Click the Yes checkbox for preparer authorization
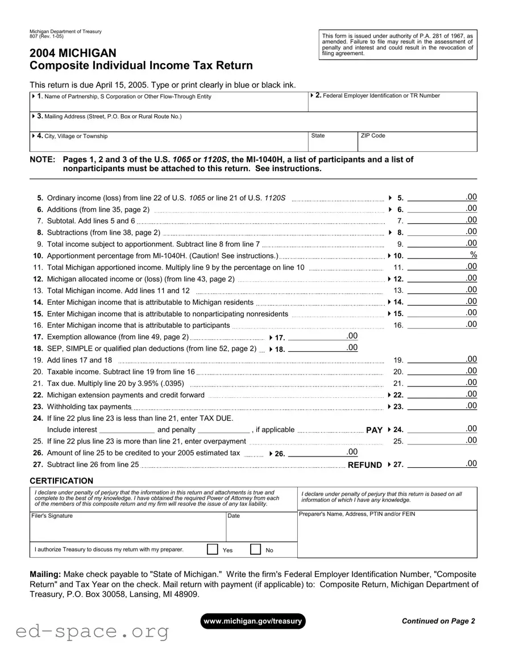pyautogui.click(x=213, y=549)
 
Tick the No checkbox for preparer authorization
pyautogui.click(x=256, y=549)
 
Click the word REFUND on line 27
pyautogui.click(x=364, y=465)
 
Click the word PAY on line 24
pyautogui.click(x=374, y=430)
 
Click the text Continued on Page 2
pyautogui.click(x=438, y=621)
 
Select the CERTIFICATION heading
pyautogui.click(x=61, y=481)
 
